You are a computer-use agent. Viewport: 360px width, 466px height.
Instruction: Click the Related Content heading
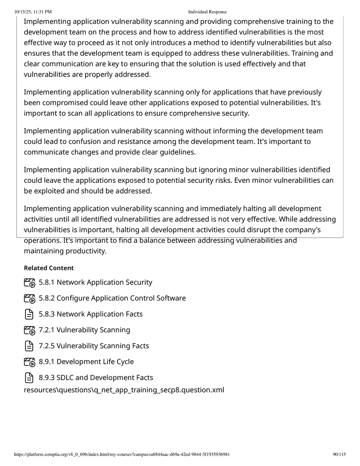pyautogui.click(x=49, y=268)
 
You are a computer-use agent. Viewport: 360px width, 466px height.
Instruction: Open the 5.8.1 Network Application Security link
pyautogui.click(x=95, y=282)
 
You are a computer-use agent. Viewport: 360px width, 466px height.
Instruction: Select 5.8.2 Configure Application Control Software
pyautogui.click(x=112, y=298)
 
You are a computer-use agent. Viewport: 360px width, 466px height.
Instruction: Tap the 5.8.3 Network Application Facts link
pyautogui.click(x=90, y=314)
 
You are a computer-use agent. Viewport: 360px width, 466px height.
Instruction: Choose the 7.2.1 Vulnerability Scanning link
pyautogui.click(x=84, y=330)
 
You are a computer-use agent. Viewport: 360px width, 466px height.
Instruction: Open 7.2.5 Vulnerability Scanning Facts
pyautogui.click(x=94, y=346)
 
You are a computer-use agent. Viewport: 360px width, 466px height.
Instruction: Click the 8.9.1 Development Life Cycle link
pyautogui.click(x=86, y=362)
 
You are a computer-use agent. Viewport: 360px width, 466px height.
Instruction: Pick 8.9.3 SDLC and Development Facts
pyautogui.click(x=96, y=378)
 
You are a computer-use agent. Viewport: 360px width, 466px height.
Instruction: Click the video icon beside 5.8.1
pyautogui.click(x=29, y=283)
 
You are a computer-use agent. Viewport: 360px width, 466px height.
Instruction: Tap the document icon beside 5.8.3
pyautogui.click(x=29, y=314)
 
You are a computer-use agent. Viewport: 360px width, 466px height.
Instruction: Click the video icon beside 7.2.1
pyautogui.click(x=29, y=330)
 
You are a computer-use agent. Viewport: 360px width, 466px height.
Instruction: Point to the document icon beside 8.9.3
pyautogui.click(x=29, y=378)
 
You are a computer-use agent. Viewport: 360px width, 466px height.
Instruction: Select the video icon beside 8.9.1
pyautogui.click(x=29, y=362)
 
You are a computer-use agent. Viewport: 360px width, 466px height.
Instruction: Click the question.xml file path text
pyautogui.click(x=124, y=389)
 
